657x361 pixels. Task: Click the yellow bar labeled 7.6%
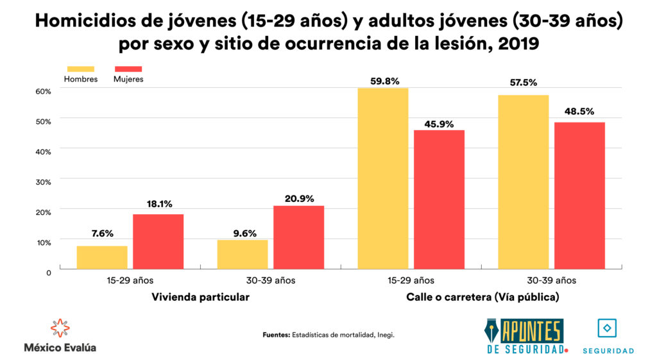[102, 257]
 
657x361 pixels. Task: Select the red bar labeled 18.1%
[158, 241]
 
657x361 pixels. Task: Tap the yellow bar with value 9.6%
[243, 254]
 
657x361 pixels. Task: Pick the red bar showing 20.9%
[299, 237]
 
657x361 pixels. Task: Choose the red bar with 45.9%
[439, 199]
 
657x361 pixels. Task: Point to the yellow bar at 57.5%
[524, 182]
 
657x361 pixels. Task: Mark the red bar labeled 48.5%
[580, 196]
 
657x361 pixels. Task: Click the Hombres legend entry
[81, 74]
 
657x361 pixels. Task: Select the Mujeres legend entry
[128, 74]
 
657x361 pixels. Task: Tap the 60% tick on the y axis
[43, 91]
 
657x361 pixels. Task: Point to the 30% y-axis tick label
[43, 181]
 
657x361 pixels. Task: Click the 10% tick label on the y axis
[43, 242]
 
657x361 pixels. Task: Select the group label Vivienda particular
[200, 298]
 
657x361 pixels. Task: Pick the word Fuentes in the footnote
[277, 335]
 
